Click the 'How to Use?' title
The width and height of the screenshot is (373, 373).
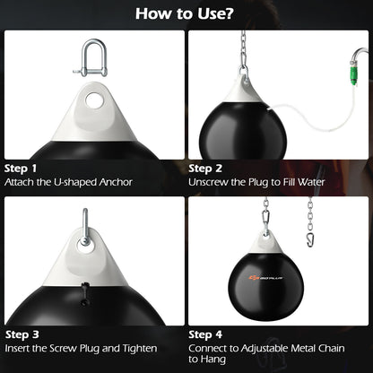click(186, 14)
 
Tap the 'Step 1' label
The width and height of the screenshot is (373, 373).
click(22, 168)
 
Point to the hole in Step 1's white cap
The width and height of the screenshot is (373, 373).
click(92, 100)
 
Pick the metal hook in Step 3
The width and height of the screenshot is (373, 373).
click(83, 224)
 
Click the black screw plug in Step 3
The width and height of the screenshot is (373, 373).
click(84, 292)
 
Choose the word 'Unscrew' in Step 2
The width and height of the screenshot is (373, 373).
click(213, 182)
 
